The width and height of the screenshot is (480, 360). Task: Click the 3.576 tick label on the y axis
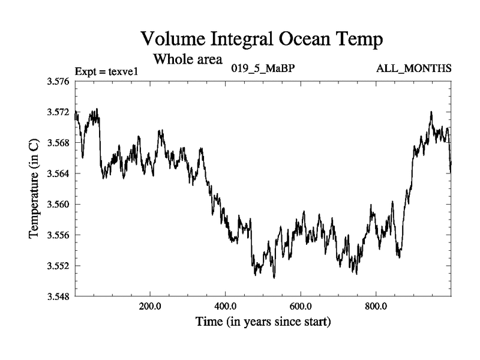(x=58, y=81)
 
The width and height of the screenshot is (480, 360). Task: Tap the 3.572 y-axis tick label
(x=58, y=112)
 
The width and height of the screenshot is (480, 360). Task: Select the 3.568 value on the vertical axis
(x=58, y=143)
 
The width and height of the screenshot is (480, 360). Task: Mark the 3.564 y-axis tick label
(x=58, y=173)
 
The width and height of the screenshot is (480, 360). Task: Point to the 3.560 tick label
(x=58, y=204)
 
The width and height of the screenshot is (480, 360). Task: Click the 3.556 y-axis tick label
(x=58, y=235)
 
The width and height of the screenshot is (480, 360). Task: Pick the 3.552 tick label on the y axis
(x=58, y=265)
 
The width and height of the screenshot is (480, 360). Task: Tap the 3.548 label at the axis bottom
(x=58, y=296)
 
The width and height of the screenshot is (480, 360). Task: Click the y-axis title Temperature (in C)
(x=34, y=188)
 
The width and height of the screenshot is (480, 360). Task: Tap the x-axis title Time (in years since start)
(x=263, y=322)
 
